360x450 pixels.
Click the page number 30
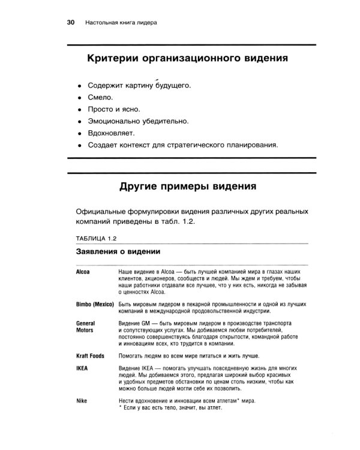pyautogui.click(x=70, y=23)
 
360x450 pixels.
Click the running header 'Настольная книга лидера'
pyautogui.click(x=122, y=23)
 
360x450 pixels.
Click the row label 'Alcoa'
pyautogui.click(x=83, y=272)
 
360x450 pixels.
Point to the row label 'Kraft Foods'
pyautogui.click(x=91, y=356)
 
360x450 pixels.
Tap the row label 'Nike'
pyautogui.click(x=82, y=400)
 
